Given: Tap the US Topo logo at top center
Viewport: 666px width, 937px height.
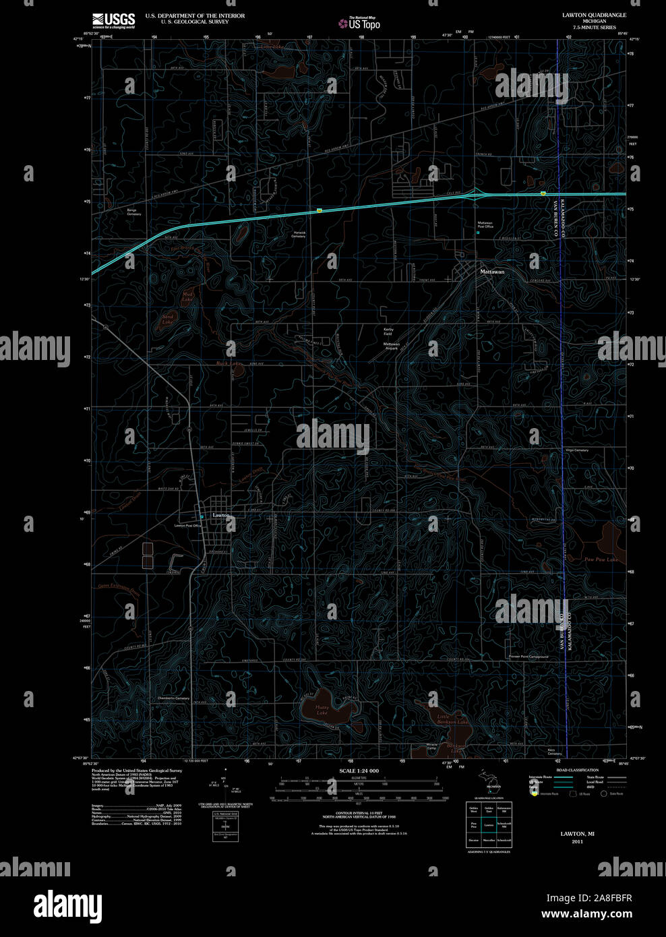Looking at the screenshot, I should (360, 24).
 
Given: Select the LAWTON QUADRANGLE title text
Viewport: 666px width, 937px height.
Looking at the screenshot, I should (594, 14).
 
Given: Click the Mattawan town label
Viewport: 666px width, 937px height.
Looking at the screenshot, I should (491, 272).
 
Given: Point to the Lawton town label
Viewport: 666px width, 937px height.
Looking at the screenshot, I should (221, 515).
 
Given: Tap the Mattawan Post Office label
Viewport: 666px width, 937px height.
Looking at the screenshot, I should (485, 224).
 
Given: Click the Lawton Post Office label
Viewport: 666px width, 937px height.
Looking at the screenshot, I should (188, 525).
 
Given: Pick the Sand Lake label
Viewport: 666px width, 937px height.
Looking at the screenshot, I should (168, 319).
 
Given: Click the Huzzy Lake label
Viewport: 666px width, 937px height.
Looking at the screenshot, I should (322, 710).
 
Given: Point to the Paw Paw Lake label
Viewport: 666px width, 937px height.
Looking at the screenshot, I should (601, 560).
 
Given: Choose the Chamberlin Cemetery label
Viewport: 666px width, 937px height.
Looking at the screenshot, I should (173, 698).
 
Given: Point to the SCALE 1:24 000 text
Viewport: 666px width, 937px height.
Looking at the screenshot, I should (359, 770).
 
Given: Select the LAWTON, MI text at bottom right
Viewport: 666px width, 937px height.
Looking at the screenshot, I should (576, 834).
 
